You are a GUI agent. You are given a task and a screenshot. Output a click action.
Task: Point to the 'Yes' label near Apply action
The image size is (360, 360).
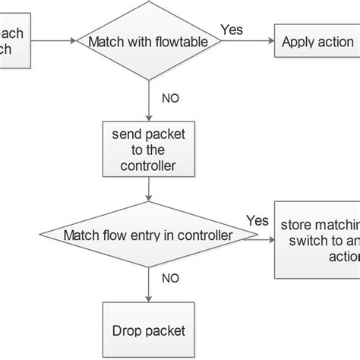[231, 30]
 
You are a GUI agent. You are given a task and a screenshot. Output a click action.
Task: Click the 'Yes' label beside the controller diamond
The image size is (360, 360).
[257, 220]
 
